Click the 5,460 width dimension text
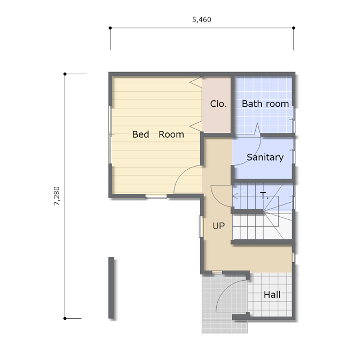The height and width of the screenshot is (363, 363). coord(202,20)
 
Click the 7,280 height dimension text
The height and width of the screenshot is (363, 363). coord(57,196)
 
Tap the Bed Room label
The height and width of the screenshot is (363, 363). coord(158,135)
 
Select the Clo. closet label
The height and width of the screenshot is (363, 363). coord(218,104)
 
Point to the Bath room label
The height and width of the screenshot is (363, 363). coord(265,104)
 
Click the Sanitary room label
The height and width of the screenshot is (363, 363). coord(265,157)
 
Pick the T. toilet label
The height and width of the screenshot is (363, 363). coord(264,195)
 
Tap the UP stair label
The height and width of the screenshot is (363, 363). coord(218,226)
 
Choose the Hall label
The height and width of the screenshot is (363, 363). coord(272,295)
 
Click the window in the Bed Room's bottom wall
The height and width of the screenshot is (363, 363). coord(156,196)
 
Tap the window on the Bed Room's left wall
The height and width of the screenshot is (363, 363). coord(110,135)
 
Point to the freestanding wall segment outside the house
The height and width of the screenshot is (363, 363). coord(112,288)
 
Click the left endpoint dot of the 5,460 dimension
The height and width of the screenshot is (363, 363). coord(110,28)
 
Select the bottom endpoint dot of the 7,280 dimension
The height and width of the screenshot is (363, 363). coord(65,318)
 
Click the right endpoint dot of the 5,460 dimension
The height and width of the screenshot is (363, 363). coord(294,28)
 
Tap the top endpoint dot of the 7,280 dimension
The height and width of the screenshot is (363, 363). coord(65,74)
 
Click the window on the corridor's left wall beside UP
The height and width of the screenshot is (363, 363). coord(201,226)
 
